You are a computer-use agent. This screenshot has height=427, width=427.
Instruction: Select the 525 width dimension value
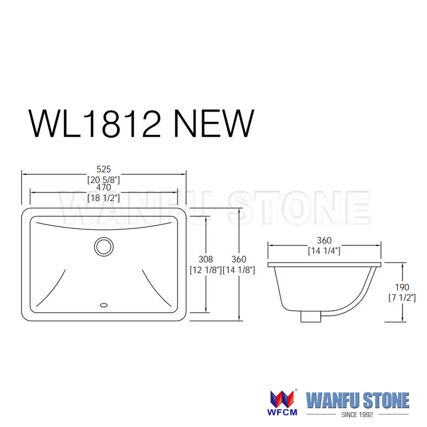[x=103, y=169]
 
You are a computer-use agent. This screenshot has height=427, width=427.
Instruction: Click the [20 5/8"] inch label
[x=103, y=180]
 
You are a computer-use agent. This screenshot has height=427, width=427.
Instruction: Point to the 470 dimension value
[x=103, y=188]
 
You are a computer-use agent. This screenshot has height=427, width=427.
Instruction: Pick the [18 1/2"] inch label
[x=103, y=198]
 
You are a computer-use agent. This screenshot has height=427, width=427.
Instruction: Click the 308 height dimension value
[x=206, y=260]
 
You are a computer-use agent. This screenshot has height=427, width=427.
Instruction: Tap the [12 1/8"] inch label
[x=206, y=270]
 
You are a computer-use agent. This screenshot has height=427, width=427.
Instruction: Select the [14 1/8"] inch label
[x=239, y=270]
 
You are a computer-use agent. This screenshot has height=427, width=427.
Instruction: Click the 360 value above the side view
[x=324, y=241]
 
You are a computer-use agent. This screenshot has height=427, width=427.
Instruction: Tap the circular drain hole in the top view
[x=103, y=246]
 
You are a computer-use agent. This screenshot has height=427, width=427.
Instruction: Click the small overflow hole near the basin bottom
[x=103, y=305]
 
